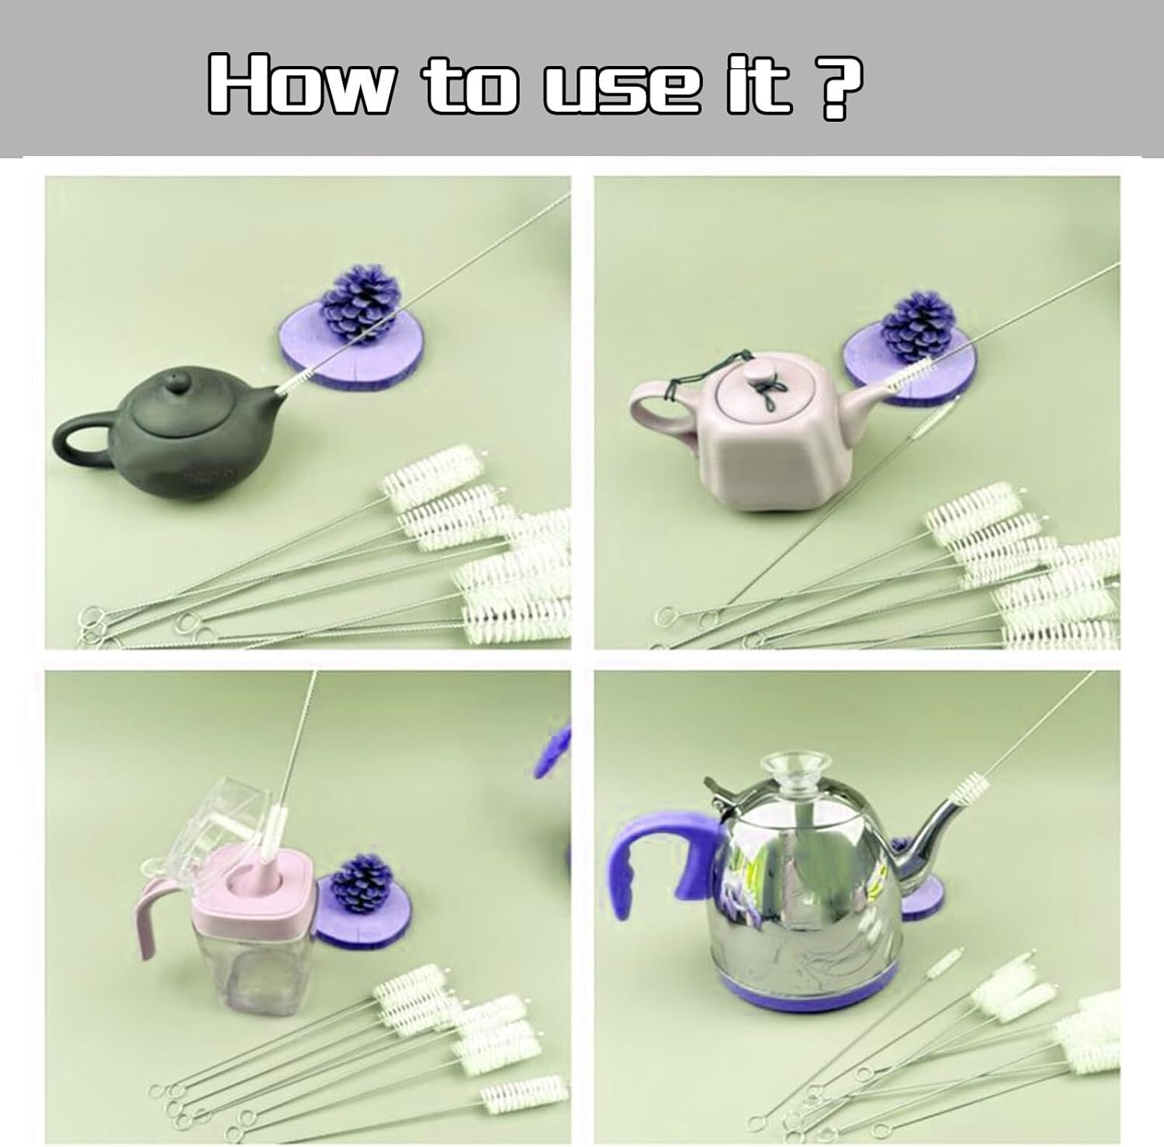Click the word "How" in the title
(x=300, y=85)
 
